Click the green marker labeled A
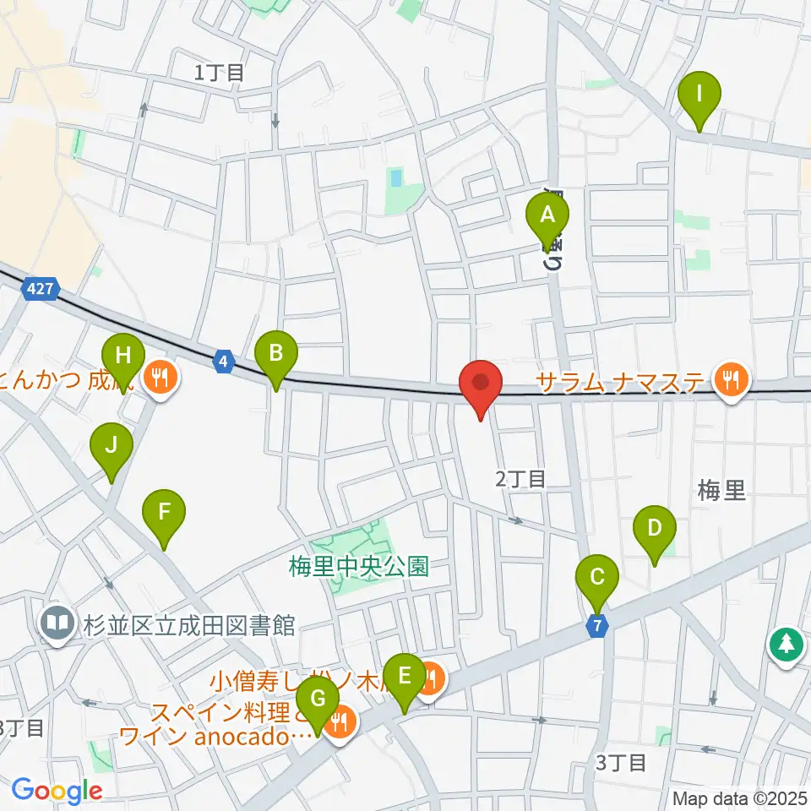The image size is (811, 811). (547, 215)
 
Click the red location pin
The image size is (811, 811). (481, 384)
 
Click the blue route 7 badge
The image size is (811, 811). (598, 627)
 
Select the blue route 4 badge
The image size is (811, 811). (222, 362)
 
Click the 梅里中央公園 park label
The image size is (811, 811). (359, 566)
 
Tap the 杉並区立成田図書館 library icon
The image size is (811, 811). (57, 624)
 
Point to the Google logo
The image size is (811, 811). (57, 791)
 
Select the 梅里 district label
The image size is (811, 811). (723, 490)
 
